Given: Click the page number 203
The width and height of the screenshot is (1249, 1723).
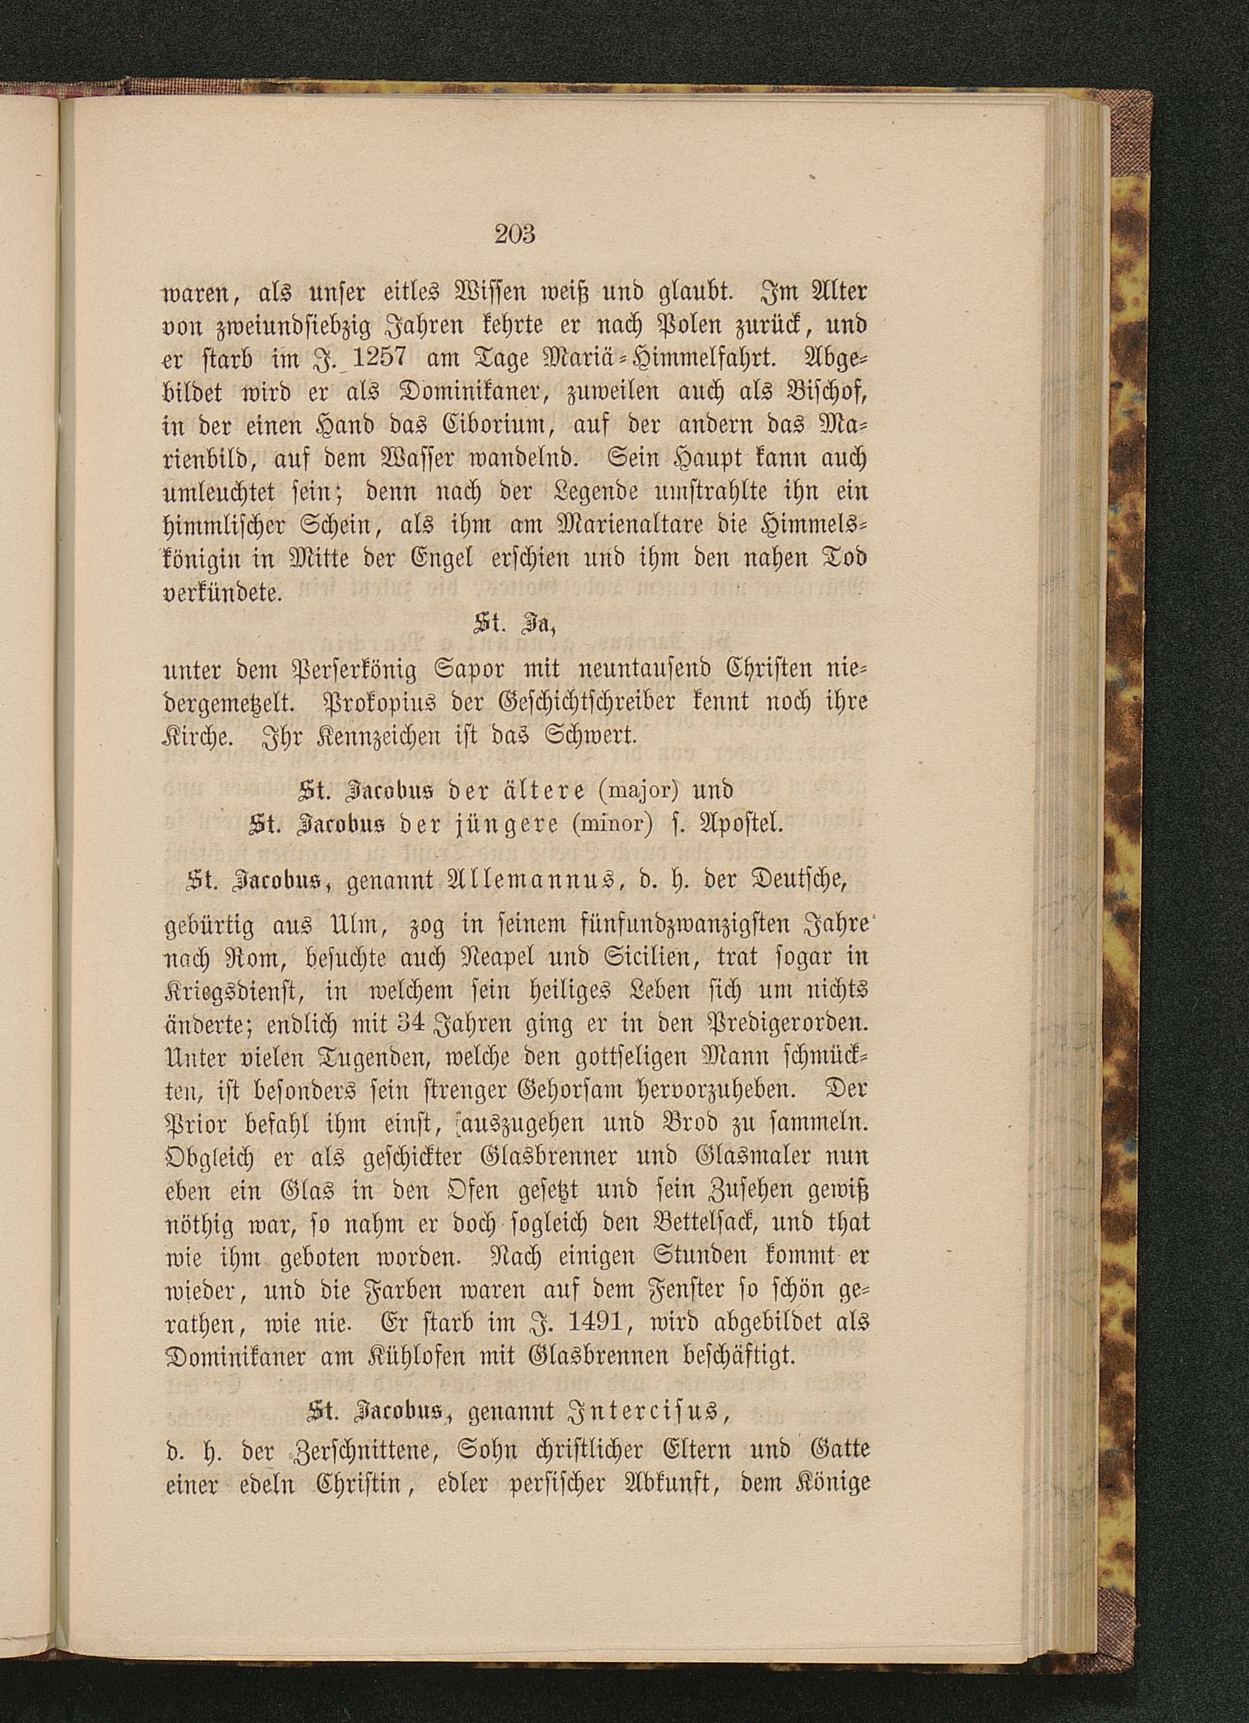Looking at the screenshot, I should point(515,234).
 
